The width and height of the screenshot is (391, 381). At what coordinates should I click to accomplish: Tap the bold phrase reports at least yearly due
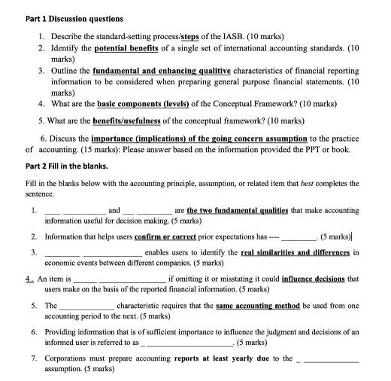click(220, 358)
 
